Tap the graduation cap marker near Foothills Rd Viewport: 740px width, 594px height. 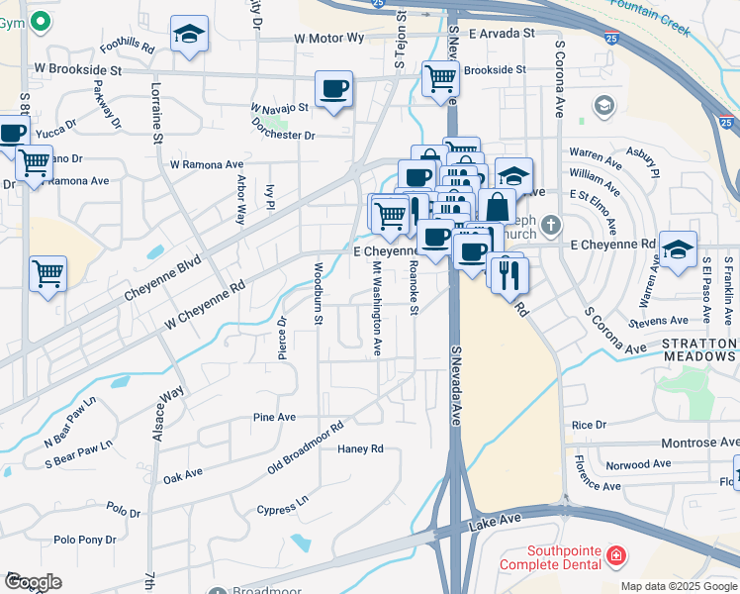189,35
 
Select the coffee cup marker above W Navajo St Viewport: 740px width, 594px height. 333,90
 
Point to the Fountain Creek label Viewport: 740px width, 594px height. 650,18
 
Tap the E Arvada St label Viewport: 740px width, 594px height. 502,33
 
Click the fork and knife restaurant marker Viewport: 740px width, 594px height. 509,274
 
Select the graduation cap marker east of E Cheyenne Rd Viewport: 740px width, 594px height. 678,250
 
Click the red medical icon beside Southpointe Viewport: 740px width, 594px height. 616,554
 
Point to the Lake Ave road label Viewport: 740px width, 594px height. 495,519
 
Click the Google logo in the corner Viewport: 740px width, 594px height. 33,582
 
